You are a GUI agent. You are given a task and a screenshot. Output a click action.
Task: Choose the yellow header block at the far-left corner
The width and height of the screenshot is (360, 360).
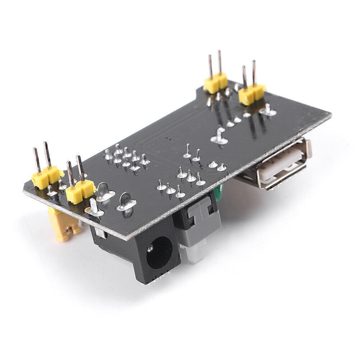click(46, 177)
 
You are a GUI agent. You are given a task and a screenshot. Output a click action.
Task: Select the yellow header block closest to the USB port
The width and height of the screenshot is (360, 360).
click(252, 94)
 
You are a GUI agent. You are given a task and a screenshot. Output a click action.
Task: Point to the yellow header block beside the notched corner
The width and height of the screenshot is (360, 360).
click(216, 83)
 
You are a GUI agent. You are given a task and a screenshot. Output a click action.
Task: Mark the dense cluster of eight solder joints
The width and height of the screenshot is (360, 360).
click(126, 158)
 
